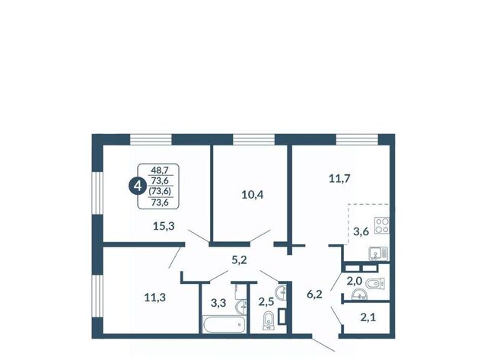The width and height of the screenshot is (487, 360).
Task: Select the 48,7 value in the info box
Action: pyautogui.click(x=160, y=170)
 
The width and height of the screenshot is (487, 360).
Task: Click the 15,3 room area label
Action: pyautogui.click(x=164, y=226)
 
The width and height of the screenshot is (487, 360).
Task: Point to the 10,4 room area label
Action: pyautogui.click(x=253, y=195)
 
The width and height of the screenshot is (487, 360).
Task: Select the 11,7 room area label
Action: pyautogui.click(x=339, y=179)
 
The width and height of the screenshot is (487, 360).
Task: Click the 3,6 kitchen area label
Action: pyautogui.click(x=361, y=231)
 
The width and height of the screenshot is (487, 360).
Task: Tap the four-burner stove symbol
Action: pyautogui.click(x=382, y=225)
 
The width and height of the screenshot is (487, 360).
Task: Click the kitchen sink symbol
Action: pyautogui.click(x=378, y=253)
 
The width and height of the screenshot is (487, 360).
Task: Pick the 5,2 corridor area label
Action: pyautogui.click(x=239, y=260)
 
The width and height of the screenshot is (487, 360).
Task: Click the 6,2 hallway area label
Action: pyautogui.click(x=314, y=295)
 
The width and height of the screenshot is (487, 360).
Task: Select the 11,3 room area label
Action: pyautogui.click(x=155, y=298)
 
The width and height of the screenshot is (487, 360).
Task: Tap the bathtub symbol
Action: pyautogui.click(x=224, y=324)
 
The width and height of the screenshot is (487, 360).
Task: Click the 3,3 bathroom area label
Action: pyautogui.click(x=218, y=303)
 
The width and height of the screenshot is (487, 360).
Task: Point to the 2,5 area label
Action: pyautogui.click(x=266, y=301)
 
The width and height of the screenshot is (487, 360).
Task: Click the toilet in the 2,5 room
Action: pyautogui.click(x=268, y=321)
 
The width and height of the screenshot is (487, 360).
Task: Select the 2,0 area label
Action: pyautogui.click(x=355, y=282)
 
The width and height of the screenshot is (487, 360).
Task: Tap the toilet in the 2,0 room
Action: pyautogui.click(x=375, y=283)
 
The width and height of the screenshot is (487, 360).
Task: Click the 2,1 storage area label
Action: pyautogui.click(x=368, y=317)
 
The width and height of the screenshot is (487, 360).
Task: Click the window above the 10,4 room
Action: pyautogui.click(x=253, y=139)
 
